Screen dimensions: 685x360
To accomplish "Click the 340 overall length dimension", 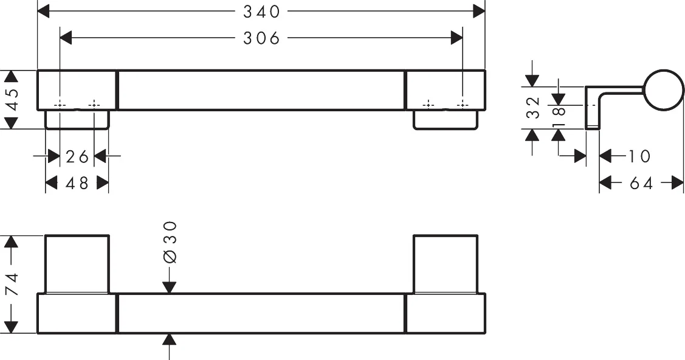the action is pos(261,12).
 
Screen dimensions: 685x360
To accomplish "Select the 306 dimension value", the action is pos(261,38).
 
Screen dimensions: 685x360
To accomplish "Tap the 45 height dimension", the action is pos(12,100).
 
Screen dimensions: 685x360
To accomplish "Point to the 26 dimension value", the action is pos(77,156).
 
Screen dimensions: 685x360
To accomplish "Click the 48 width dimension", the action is pos(77,183).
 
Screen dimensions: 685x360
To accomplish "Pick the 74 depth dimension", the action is pos(12,285).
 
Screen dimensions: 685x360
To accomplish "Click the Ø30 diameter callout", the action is pos(170,242).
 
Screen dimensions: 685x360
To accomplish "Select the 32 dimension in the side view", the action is pos(534,108).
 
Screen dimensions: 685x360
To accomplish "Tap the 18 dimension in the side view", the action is pos(559,117).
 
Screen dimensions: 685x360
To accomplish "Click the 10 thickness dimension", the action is pos(639,156).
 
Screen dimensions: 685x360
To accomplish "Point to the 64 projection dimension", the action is pos(641,184).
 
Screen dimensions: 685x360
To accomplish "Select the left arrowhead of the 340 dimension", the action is pos(43,12).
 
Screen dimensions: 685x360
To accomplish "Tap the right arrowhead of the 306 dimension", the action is pos(457,38).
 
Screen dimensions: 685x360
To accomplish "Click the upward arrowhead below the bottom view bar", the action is pos(170,339).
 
